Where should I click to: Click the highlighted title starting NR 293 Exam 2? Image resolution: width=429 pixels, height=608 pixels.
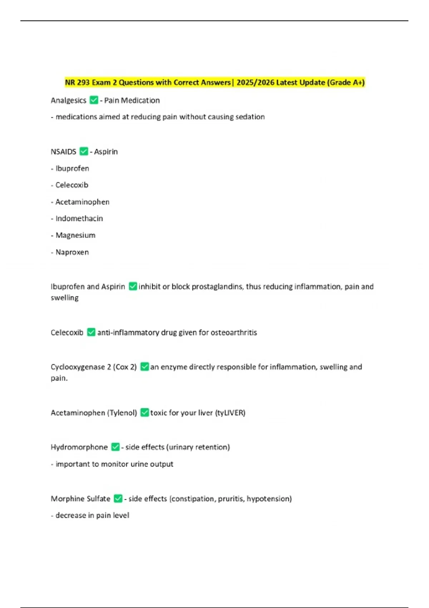pos(214,83)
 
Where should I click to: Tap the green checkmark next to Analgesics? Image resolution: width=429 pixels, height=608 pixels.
pos(94,100)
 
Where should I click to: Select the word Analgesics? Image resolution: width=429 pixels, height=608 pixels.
pos(68,100)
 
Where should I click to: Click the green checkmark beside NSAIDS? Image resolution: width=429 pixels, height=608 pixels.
pos(84,152)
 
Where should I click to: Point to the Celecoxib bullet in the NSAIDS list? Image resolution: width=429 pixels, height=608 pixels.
pos(71,185)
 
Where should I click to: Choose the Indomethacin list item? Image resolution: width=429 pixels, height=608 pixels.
pos(79,219)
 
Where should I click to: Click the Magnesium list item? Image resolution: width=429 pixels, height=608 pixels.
pos(75,235)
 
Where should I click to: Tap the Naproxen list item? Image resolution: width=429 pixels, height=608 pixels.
pos(72,252)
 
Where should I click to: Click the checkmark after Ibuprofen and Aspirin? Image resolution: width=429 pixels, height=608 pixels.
pos(133,286)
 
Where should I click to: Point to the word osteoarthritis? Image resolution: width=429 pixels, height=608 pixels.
pos(234,333)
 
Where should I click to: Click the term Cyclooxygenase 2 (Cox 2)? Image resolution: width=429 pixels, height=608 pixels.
pos(94,367)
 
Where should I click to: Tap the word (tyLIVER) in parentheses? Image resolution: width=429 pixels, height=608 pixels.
pos(230,413)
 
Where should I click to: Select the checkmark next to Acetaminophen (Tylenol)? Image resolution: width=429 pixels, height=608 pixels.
pos(144,413)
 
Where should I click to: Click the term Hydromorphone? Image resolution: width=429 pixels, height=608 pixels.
pos(79,447)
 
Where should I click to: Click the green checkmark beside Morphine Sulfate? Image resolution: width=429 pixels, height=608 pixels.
pos(118,499)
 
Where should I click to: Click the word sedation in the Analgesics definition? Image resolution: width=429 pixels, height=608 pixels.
pos(250,117)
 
